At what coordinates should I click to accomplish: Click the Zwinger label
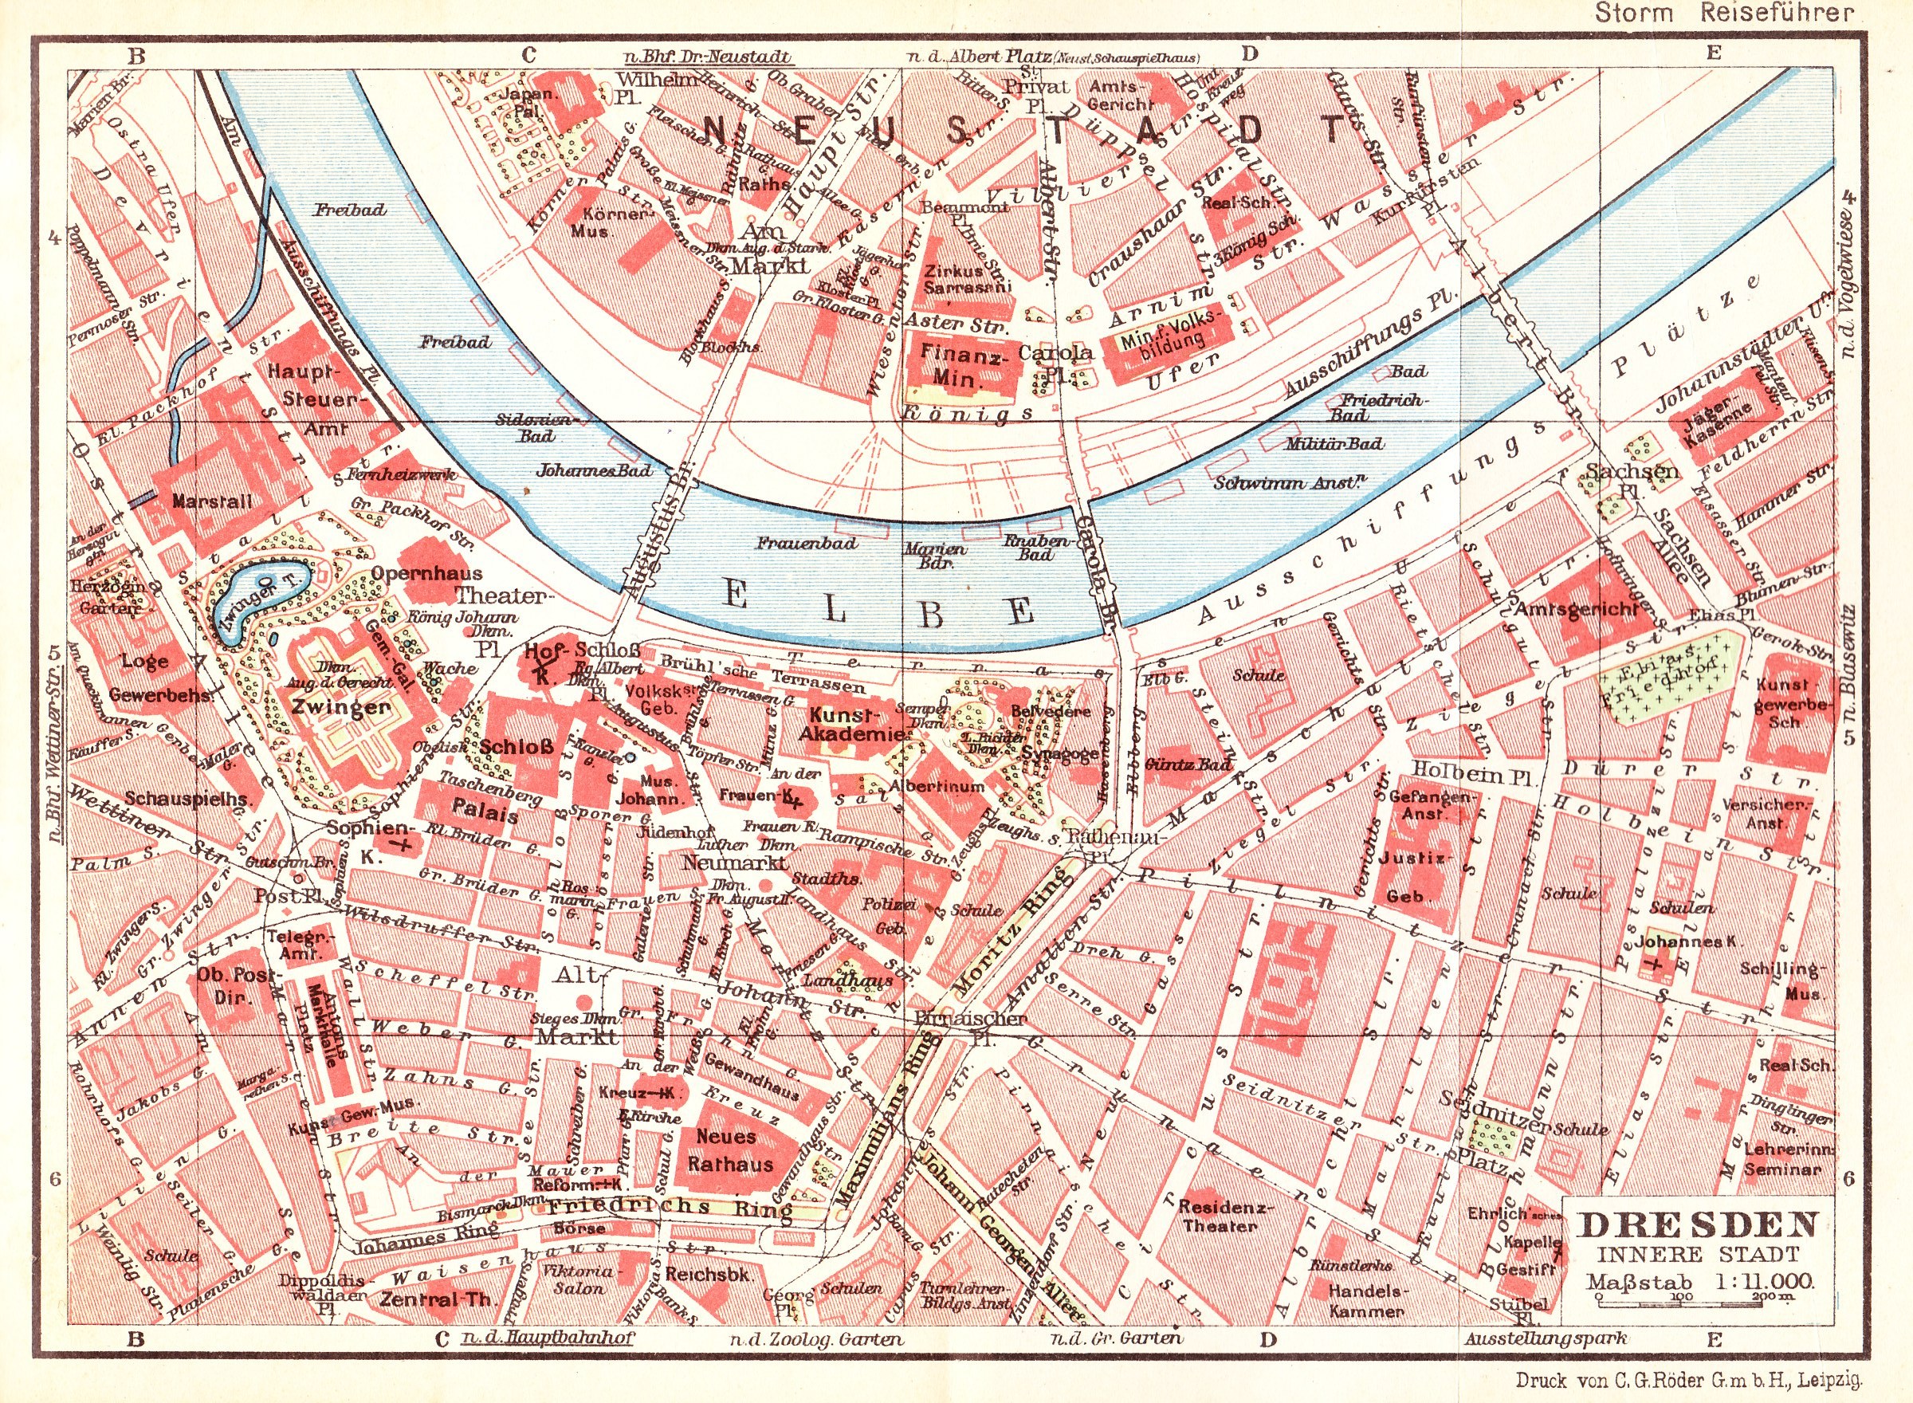(340, 706)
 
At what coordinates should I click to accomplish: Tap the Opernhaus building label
(427, 573)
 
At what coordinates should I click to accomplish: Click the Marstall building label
(211, 501)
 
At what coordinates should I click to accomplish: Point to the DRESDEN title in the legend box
(1698, 1224)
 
